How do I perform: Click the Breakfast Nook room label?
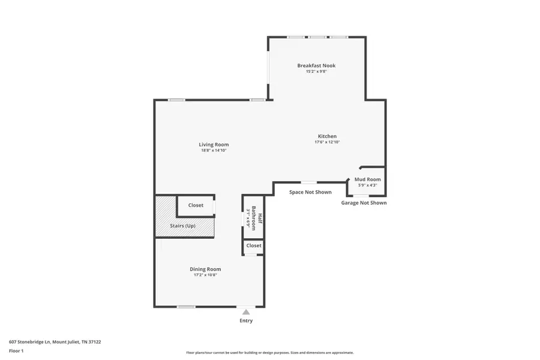click(316, 65)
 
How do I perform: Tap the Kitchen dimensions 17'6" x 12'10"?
click(327, 142)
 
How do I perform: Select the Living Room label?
click(214, 144)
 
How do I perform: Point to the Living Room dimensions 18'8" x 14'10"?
click(214, 151)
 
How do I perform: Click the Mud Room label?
click(367, 179)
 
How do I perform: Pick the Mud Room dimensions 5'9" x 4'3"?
click(367, 185)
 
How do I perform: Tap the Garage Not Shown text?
click(364, 203)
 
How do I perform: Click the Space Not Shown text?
click(310, 192)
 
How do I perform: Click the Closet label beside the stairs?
click(196, 205)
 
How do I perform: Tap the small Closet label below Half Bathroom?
click(254, 245)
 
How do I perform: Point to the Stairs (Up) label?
click(182, 226)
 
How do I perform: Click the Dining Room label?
click(205, 269)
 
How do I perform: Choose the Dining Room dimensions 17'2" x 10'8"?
click(205, 275)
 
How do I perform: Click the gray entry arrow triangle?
click(246, 312)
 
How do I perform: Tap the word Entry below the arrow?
click(246, 320)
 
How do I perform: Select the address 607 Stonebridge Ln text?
click(55, 342)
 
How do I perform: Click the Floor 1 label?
click(16, 350)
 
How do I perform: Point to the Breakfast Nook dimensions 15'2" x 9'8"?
click(316, 71)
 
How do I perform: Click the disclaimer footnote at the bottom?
click(269, 353)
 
